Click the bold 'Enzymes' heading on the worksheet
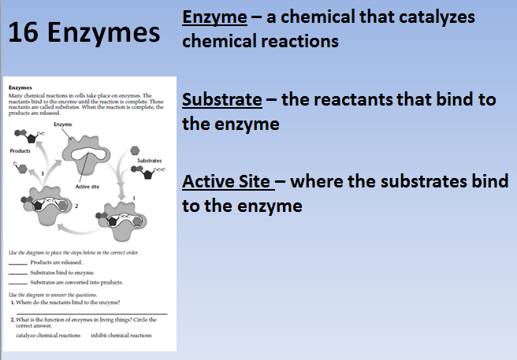coord(19,87)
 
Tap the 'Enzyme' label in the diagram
coord(64,125)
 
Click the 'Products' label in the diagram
coord(20,150)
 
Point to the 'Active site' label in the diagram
coord(86,187)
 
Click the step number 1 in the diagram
coord(135,197)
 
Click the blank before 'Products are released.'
coord(18,263)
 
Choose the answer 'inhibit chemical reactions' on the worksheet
coord(121,336)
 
